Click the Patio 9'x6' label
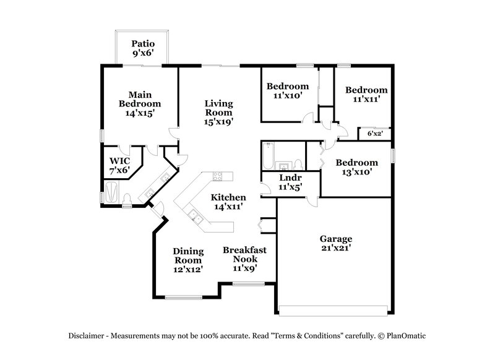[x=142, y=48]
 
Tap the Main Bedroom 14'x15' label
[x=140, y=104]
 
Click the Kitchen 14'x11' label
[x=228, y=202]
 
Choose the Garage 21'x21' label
[x=336, y=244]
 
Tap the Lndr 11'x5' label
[x=290, y=182]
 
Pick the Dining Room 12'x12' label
[x=188, y=260]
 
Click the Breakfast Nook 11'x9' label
[x=244, y=259]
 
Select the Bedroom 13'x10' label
[x=356, y=167]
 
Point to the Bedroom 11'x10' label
[x=286, y=91]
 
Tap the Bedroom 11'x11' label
[x=366, y=94]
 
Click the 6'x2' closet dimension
[x=374, y=133]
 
